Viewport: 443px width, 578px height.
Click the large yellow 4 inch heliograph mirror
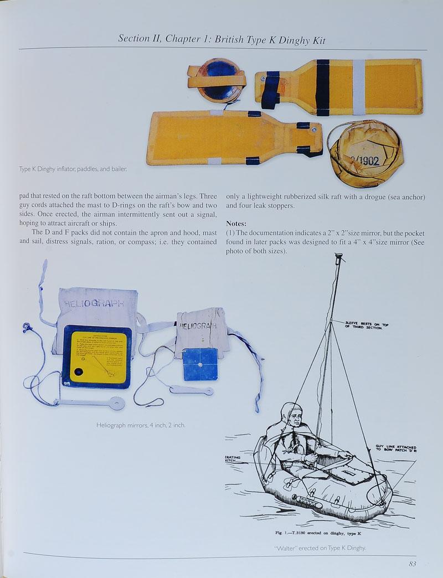[x=97, y=357]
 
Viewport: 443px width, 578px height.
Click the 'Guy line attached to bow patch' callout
[x=395, y=449]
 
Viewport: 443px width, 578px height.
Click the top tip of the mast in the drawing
[x=337, y=255]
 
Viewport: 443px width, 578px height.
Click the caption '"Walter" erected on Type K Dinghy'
[x=320, y=548]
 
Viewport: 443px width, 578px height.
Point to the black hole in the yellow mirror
[x=78, y=371]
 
